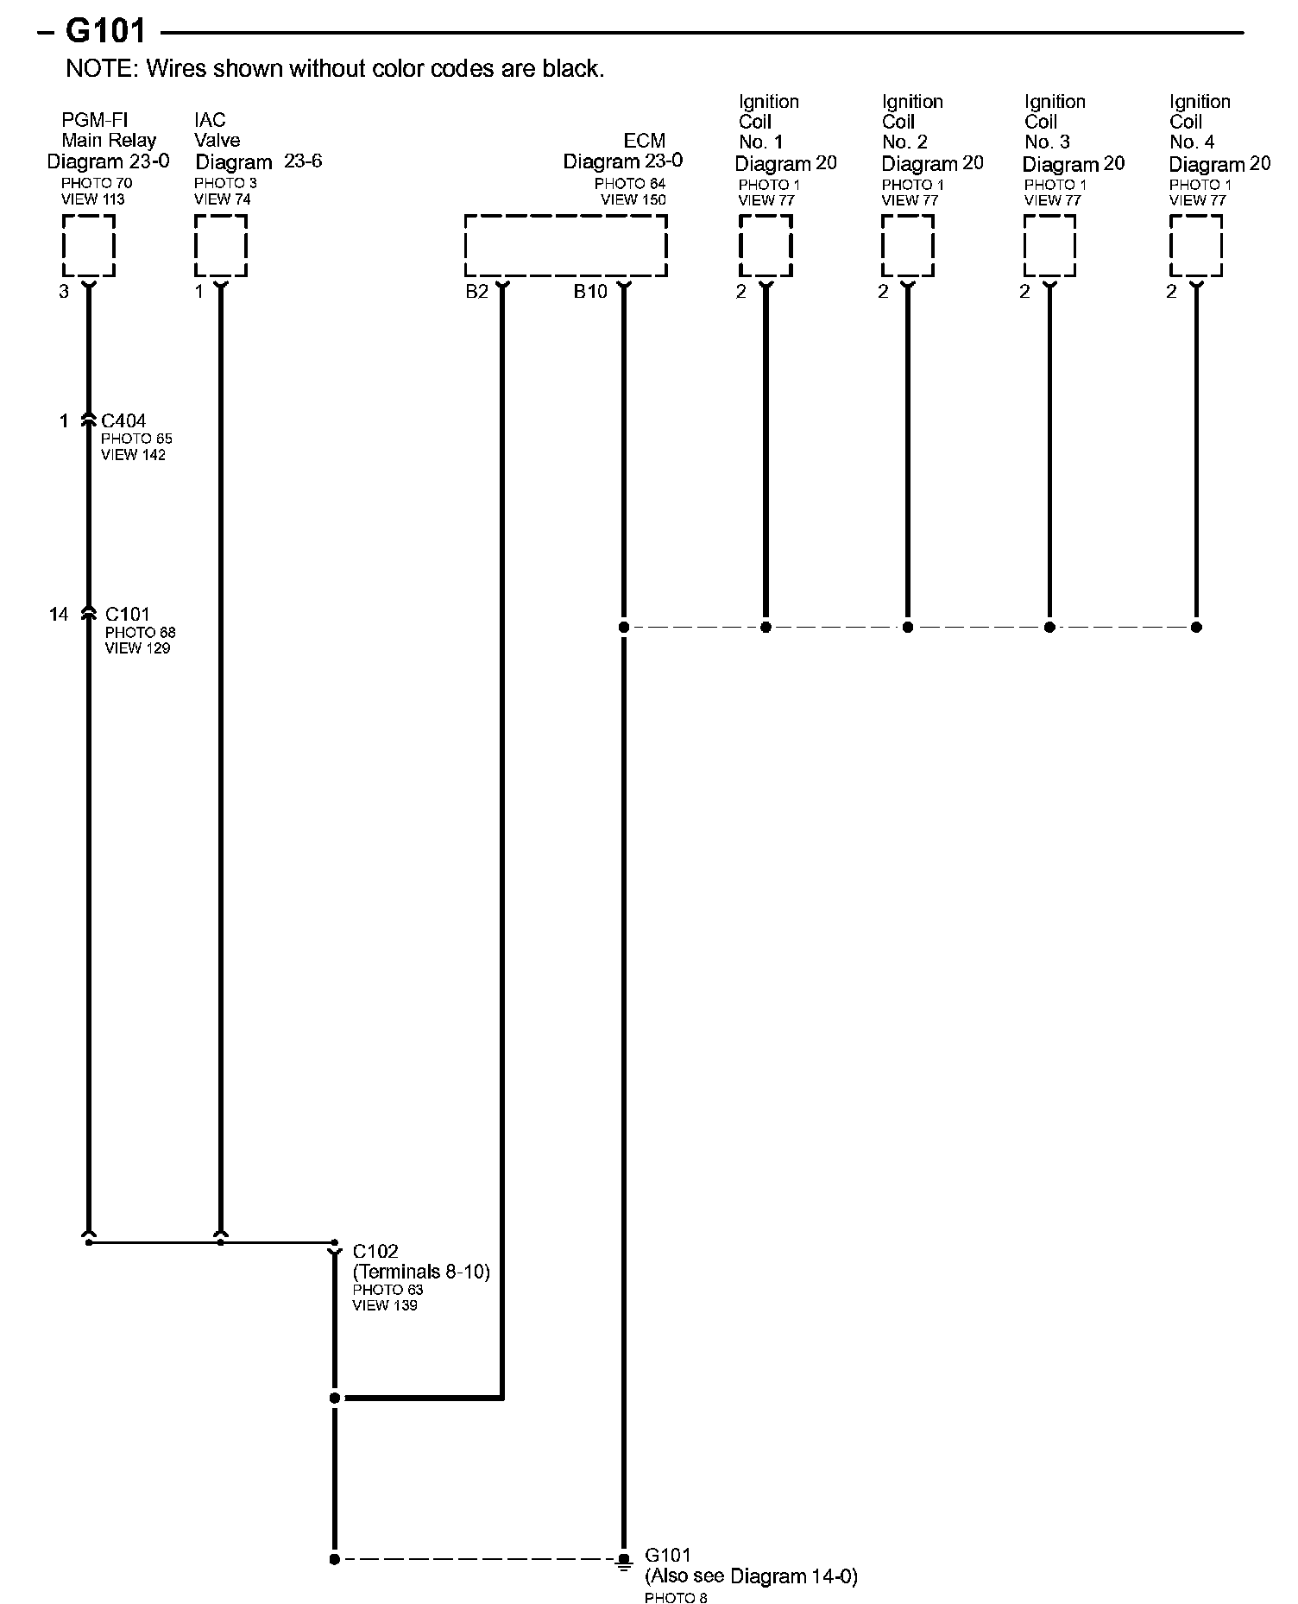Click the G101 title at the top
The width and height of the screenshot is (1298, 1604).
(x=105, y=31)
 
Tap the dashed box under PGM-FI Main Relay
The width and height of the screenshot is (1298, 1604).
(x=88, y=246)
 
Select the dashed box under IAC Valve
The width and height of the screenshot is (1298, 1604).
(x=221, y=246)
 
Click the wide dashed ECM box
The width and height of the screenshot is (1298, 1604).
(x=565, y=246)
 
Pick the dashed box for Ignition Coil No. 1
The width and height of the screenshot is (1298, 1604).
(x=766, y=246)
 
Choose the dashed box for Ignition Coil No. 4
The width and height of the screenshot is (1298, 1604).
(x=1196, y=246)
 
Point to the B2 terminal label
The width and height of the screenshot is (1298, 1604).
(x=476, y=292)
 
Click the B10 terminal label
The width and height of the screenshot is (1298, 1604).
(x=590, y=292)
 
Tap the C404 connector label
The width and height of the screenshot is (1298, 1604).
(x=123, y=421)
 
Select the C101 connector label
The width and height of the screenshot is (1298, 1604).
(x=127, y=614)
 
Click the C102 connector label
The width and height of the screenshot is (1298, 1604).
(x=375, y=1251)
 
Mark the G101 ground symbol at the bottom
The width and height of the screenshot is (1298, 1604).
(x=623, y=1561)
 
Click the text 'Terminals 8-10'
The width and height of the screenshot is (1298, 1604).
(x=421, y=1272)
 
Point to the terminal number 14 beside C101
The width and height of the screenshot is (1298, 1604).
(x=58, y=614)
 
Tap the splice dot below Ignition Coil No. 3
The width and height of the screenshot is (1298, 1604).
(x=1049, y=628)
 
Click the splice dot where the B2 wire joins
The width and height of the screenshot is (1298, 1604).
(x=335, y=1398)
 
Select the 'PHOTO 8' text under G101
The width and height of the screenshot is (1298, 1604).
(x=676, y=1598)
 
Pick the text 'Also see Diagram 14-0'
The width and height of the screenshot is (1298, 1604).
(x=751, y=1576)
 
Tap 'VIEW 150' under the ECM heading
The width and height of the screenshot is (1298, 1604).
(x=633, y=199)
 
